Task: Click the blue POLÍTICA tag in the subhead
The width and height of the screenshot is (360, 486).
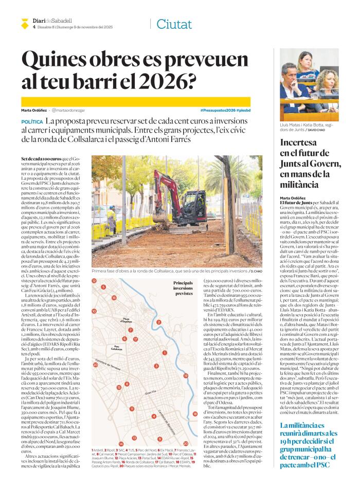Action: [x=32, y=121]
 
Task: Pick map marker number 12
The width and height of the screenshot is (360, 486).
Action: [x=94, y=281]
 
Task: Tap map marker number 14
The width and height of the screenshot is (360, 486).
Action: [x=121, y=458]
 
